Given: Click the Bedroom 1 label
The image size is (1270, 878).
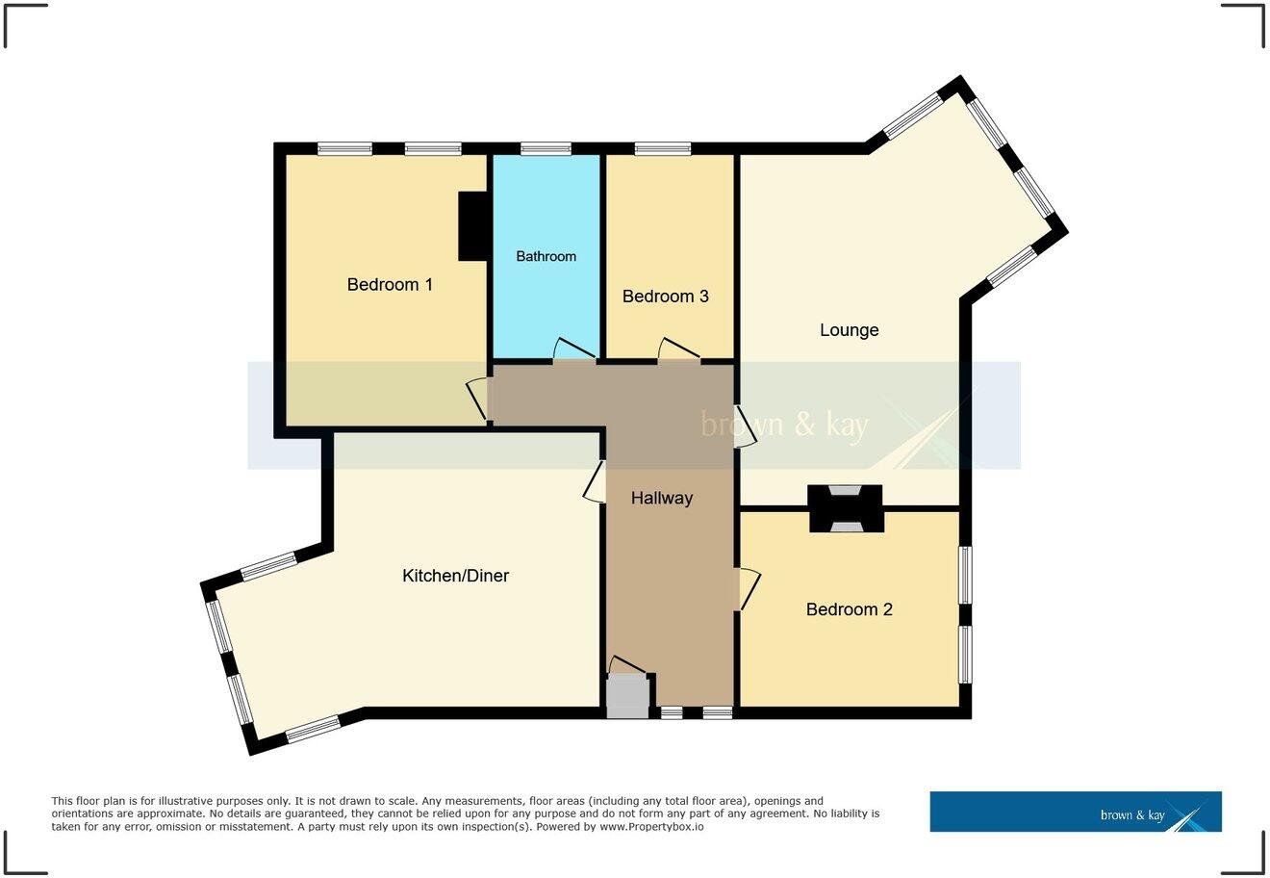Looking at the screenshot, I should click(x=390, y=285).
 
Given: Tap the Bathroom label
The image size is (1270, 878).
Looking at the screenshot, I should click(x=546, y=256).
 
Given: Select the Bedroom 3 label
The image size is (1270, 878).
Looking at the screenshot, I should click(x=665, y=297).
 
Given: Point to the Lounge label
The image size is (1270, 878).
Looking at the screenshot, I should click(x=849, y=330).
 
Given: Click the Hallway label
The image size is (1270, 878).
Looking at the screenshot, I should click(x=662, y=498).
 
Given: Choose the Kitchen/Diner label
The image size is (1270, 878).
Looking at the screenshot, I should click(x=455, y=576).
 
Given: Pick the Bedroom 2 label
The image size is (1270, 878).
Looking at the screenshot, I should click(x=849, y=609).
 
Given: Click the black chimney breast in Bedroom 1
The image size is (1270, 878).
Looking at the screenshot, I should click(x=473, y=226).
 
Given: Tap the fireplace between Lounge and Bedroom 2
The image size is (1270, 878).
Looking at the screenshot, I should click(x=846, y=508).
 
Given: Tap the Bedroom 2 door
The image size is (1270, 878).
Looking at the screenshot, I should click(x=749, y=588).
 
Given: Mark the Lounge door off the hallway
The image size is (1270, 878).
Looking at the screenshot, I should click(x=745, y=425).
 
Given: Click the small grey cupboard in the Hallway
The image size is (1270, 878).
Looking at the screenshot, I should click(x=627, y=696).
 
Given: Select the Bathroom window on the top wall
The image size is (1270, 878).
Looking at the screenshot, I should click(x=546, y=148).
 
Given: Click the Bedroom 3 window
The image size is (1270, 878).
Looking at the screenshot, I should click(x=663, y=148).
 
